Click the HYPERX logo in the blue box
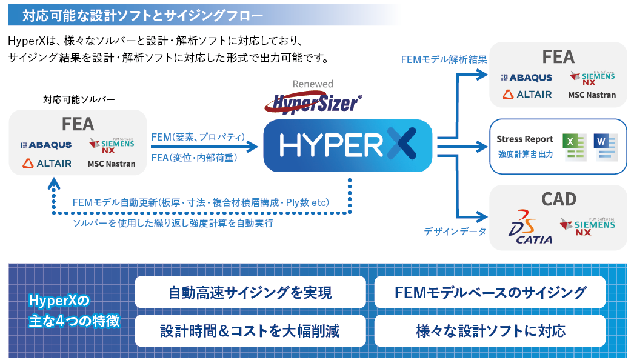[348, 145]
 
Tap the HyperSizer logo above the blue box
[313, 102]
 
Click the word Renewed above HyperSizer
[313, 84]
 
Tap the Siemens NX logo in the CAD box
[587, 227]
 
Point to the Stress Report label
[524, 139]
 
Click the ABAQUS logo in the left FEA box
[45, 145]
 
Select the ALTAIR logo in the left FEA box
[47, 163]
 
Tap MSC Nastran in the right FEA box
[592, 95]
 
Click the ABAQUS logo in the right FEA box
[526, 78]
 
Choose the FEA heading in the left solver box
[78, 124]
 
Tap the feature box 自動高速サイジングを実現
[250, 293]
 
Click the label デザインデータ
[455, 232]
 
